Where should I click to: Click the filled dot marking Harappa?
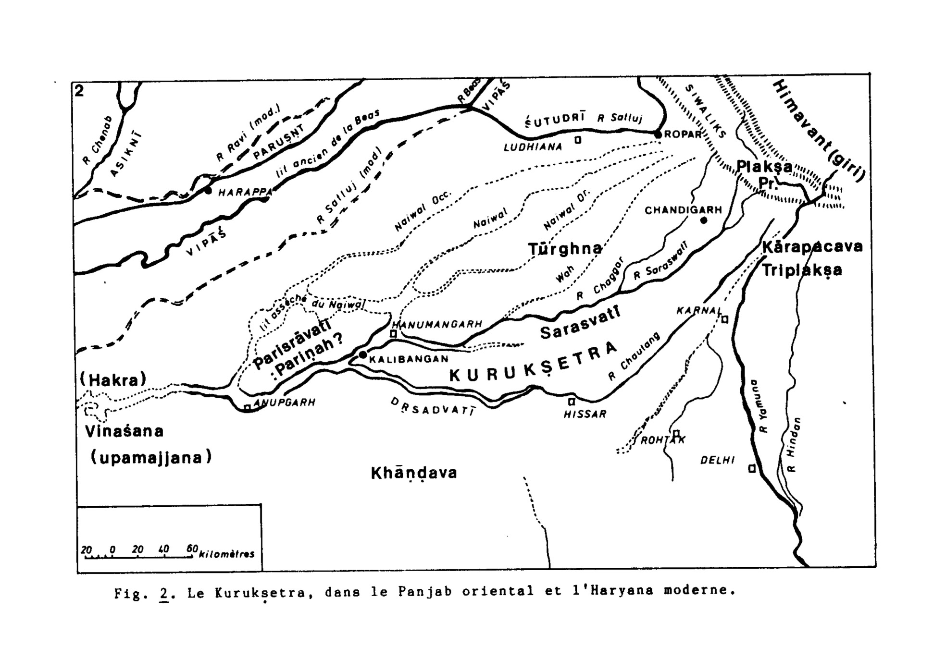click(208, 191)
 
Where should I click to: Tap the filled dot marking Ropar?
click(658, 135)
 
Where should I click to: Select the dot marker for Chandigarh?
click(704, 220)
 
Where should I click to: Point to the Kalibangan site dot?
click(363, 355)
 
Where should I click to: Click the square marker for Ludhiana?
click(578, 140)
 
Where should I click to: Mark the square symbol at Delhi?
click(752, 468)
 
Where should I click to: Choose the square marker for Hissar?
click(572, 402)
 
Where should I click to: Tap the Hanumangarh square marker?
click(393, 333)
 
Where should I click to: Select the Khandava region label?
click(414, 473)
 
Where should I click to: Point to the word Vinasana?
click(124, 431)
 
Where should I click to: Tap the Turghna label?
click(565, 249)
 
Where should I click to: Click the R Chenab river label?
click(98, 141)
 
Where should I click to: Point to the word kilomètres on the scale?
click(226, 554)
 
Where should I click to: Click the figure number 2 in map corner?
click(79, 91)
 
